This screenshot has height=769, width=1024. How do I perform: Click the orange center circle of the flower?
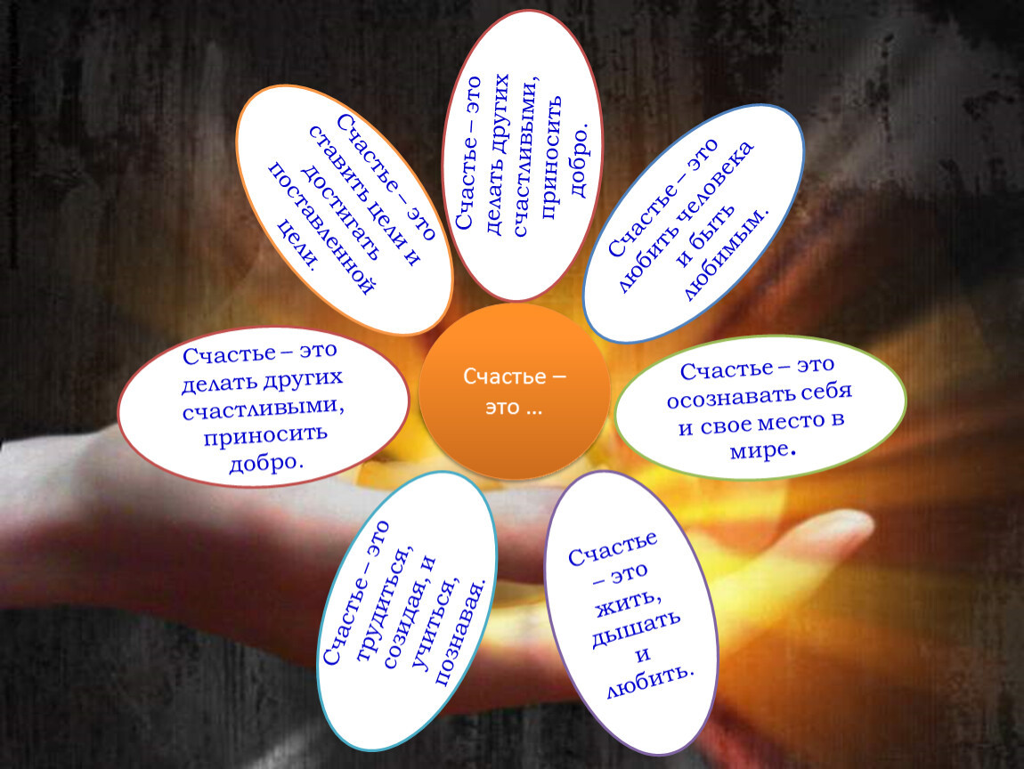514,391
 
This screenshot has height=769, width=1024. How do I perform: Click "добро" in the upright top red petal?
580,158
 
